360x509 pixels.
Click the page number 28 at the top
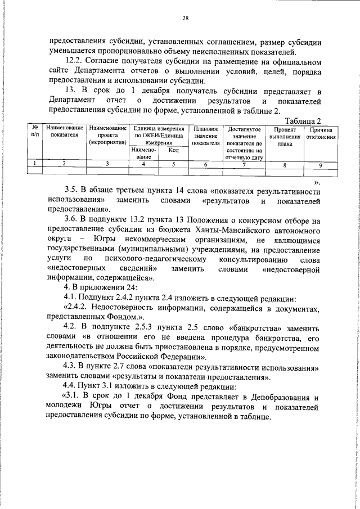[184, 19]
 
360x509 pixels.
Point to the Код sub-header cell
[174, 151]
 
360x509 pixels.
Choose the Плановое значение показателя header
[205, 136]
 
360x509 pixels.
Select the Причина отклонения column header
[321, 133]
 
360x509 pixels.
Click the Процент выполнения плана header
[285, 136]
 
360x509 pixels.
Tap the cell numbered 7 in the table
[244, 164]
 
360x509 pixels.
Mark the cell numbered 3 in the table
[106, 164]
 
